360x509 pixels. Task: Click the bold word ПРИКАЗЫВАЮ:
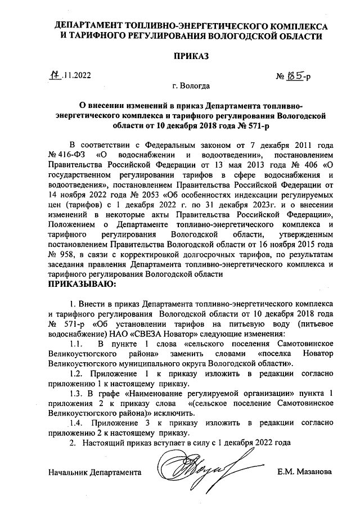tap(82, 285)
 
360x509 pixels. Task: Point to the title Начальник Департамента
tap(95, 471)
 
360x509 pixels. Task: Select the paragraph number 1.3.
tap(76, 393)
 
